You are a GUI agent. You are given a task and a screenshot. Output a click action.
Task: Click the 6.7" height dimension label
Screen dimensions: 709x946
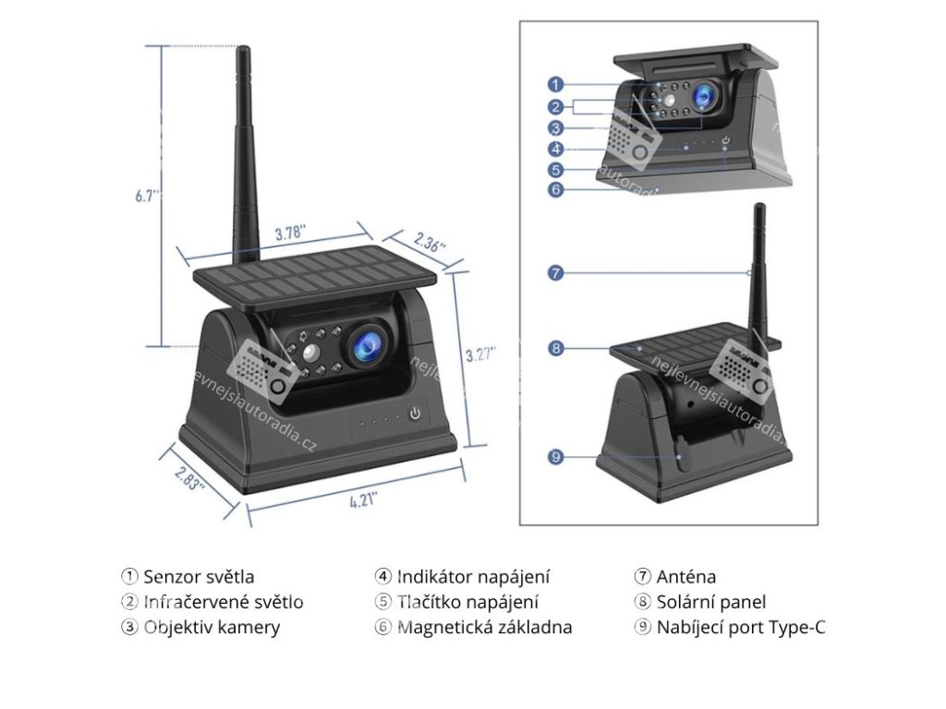pos(146,196)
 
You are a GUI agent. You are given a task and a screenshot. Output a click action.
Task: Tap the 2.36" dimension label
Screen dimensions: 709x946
pos(430,244)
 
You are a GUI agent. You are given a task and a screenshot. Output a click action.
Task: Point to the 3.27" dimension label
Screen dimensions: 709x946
pos(480,354)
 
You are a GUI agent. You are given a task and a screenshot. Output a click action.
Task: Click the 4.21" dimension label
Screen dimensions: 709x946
pos(363,501)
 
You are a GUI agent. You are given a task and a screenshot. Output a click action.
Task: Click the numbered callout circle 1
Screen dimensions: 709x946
pos(555,84)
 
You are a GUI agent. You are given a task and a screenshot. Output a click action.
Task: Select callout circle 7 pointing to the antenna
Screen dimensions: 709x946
pos(555,272)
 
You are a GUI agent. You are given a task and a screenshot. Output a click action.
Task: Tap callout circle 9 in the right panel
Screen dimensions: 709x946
pos(555,456)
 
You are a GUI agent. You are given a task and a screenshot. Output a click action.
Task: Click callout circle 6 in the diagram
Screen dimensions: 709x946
pos(555,189)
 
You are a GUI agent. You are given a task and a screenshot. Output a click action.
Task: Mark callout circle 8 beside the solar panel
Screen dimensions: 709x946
pos(555,348)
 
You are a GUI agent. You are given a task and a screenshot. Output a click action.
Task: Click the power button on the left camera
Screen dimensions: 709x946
pos(416,414)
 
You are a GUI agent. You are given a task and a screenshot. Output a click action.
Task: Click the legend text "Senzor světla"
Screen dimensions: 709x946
pos(199,577)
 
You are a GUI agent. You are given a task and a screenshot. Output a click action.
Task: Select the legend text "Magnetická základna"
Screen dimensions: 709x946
pos(484,628)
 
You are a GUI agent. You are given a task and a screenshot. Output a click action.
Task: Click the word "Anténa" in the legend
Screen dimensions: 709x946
pos(686,577)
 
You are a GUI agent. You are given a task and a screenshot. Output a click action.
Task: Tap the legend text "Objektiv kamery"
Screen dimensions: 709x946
pos(212,628)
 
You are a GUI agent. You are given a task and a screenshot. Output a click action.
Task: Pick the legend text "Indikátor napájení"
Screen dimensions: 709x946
pos(473,577)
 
